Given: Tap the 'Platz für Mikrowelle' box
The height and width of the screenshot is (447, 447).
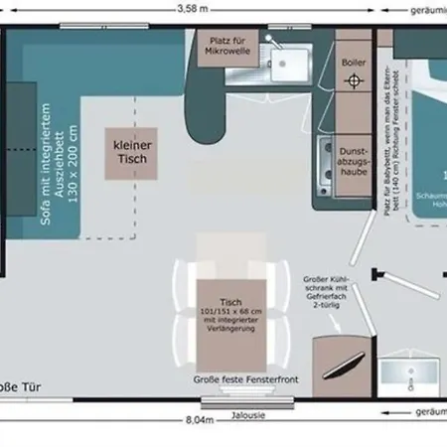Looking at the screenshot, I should [x=227, y=48].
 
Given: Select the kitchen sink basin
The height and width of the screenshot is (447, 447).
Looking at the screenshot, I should [x=289, y=65].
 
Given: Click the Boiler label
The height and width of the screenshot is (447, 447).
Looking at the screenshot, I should [x=352, y=63].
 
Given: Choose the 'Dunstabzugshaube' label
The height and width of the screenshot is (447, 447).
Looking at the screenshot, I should [x=354, y=156].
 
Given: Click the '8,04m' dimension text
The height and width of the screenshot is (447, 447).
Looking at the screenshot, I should [x=200, y=420].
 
